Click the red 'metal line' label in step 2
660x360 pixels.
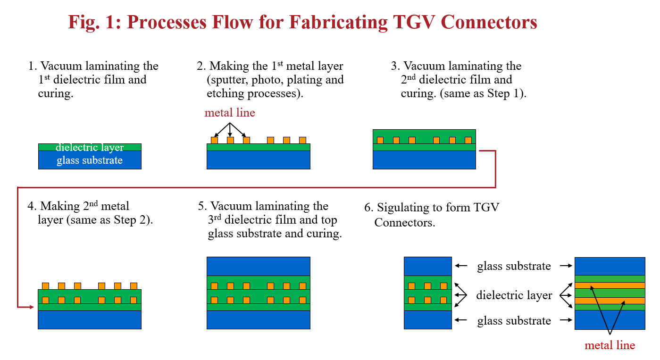230,113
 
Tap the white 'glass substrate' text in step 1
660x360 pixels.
90,160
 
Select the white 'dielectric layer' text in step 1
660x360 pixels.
90,147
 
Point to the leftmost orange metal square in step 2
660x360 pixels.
215,140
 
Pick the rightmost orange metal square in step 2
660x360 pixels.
302,140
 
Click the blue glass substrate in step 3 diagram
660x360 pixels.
424,160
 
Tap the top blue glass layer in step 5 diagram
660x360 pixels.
259,266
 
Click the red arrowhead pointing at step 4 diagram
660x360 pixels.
32,307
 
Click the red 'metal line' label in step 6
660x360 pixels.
610,345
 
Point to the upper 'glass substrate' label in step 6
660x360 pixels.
514,266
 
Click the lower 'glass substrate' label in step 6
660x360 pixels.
514,321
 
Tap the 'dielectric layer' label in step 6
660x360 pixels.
514,295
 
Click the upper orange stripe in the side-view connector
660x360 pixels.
610,285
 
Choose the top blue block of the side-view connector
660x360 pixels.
610,266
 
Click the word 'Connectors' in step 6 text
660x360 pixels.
405,222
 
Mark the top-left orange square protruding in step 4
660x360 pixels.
45,286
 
